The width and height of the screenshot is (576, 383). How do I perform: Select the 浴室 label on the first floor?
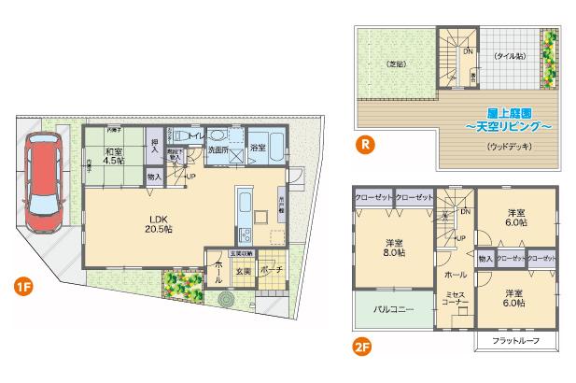coord(258,148)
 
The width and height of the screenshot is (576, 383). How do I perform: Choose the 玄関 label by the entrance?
coord(242,271)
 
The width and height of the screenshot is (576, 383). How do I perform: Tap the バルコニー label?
coord(393,307)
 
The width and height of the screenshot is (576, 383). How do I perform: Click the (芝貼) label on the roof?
coord(397,64)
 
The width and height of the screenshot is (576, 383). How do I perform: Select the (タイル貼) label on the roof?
coord(509,55)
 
